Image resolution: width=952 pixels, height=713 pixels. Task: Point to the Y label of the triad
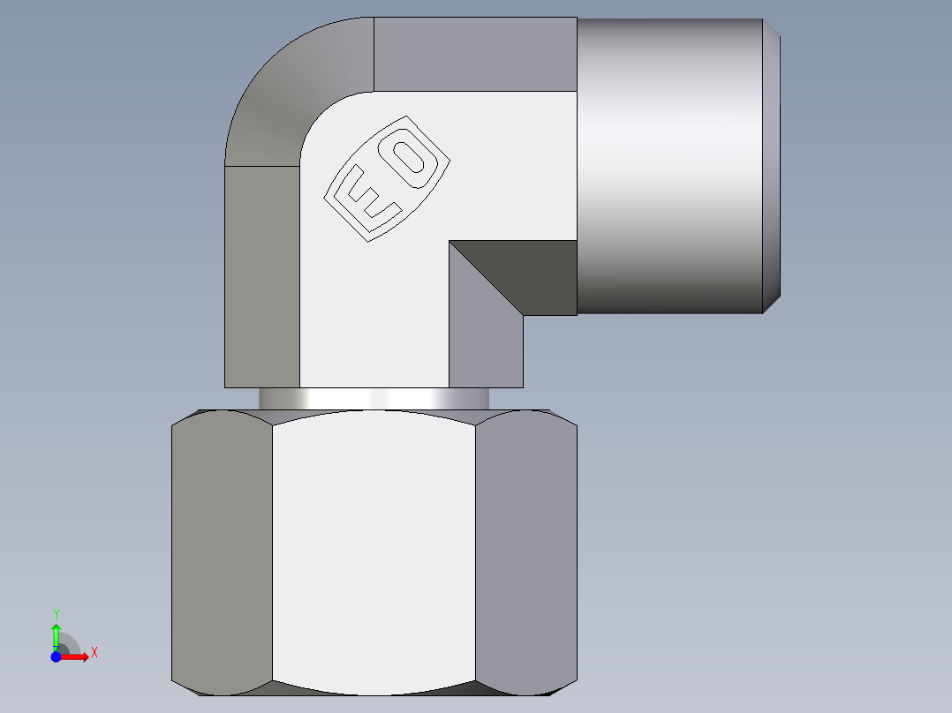[x=56, y=613]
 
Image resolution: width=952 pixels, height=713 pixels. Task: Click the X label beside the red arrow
[x=94, y=653]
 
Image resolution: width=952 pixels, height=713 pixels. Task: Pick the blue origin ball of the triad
[x=56, y=657]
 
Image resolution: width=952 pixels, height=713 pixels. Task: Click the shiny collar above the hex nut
[x=374, y=399]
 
